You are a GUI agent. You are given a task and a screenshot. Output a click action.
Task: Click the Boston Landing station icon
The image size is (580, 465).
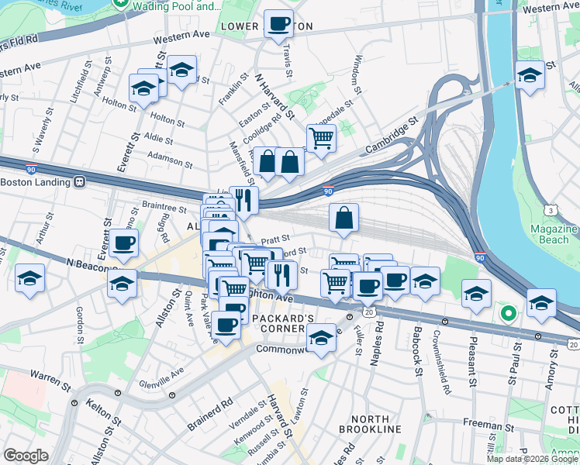pyautogui.click(x=79, y=183)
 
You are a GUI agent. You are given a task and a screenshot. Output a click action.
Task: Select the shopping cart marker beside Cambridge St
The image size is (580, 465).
pyautogui.click(x=321, y=138)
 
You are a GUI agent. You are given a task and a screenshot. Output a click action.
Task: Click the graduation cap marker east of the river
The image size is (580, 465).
pyautogui.click(x=530, y=75)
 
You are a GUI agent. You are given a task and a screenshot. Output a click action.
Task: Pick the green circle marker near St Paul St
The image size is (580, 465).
pyautogui.click(x=508, y=314)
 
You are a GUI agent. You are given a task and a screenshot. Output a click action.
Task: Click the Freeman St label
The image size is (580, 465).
pyautogui.click(x=485, y=424)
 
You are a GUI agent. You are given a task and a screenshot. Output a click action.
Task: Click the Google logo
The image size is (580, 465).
pyautogui.click(x=26, y=456)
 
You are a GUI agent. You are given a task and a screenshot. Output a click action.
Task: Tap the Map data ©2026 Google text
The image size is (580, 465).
pyautogui.click(x=532, y=459)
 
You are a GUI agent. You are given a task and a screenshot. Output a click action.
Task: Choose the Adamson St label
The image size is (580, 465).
pyautogui.click(x=171, y=160)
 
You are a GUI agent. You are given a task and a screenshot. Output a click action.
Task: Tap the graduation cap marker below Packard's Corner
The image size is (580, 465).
pyautogui.click(x=321, y=336)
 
